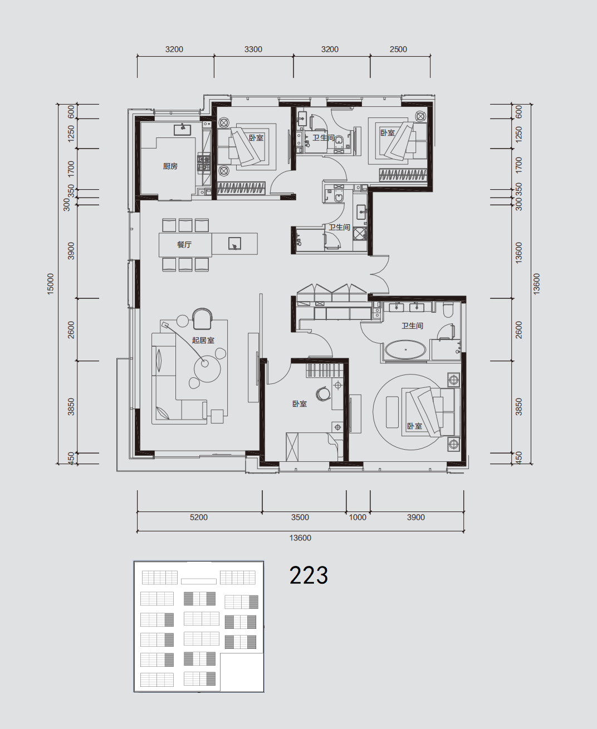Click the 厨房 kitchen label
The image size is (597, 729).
click(x=170, y=166)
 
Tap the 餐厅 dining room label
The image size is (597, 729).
click(x=184, y=245)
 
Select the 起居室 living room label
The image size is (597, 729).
click(x=203, y=340)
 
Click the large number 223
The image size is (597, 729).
click(x=309, y=575)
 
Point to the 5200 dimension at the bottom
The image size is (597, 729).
click(x=199, y=518)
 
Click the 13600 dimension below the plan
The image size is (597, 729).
click(x=300, y=538)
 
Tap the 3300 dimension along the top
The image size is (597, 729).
click(x=253, y=50)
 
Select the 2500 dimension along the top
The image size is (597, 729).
click(x=398, y=50)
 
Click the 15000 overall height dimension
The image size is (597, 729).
click(x=51, y=284)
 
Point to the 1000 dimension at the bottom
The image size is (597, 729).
click(x=358, y=518)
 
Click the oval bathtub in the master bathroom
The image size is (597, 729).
click(x=405, y=350)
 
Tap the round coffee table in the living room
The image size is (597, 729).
click(x=207, y=368)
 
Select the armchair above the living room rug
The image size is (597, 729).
click(x=202, y=319)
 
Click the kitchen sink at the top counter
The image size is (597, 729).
click(x=182, y=129)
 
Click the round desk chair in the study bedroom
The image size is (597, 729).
click(x=323, y=393)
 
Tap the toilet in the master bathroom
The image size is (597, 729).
click(x=448, y=310)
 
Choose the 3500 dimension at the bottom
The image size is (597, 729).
click(x=300, y=518)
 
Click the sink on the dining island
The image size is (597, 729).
click(x=234, y=244)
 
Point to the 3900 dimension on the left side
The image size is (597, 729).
click(x=71, y=251)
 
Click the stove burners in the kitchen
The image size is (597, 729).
click(x=204, y=163)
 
